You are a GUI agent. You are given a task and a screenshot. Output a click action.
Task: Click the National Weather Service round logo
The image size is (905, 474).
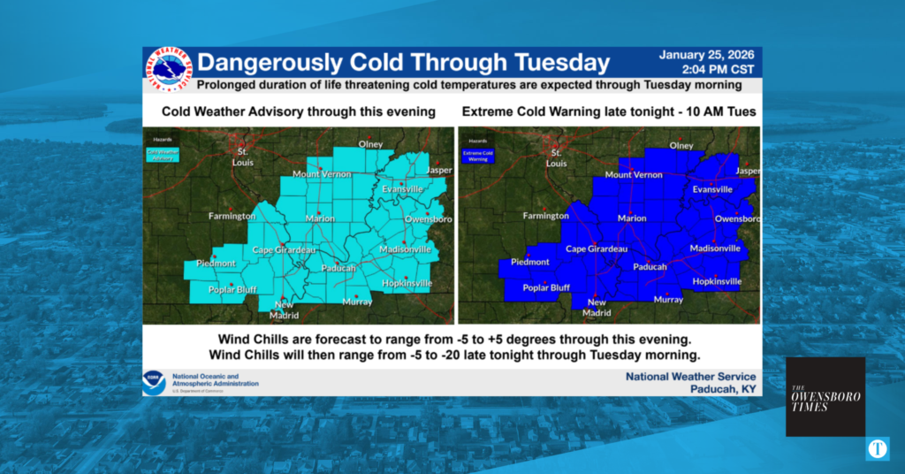(x=168, y=69)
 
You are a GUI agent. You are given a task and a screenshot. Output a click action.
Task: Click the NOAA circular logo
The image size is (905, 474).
(x=155, y=382)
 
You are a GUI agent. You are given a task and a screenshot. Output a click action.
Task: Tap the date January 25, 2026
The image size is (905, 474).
(x=703, y=55)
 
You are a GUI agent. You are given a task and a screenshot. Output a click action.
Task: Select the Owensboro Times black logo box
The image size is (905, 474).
(x=825, y=396)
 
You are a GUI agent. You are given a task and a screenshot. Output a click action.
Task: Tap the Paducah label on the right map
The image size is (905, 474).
(x=650, y=266)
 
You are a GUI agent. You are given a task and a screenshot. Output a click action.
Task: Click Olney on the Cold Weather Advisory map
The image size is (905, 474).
(x=369, y=144)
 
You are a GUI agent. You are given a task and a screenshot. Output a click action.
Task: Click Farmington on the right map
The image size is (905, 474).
(x=545, y=216)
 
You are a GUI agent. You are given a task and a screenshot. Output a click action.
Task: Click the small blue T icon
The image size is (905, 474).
(x=878, y=448)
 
